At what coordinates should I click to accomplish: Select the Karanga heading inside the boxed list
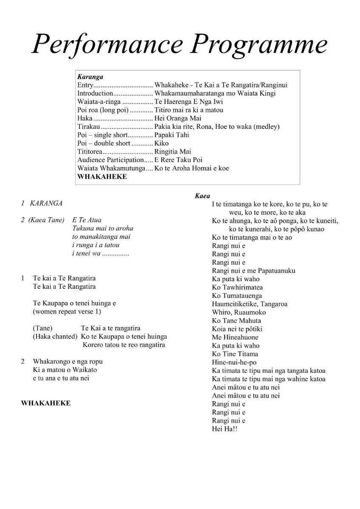click(x=90, y=77)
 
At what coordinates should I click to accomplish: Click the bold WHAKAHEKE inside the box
click(x=102, y=177)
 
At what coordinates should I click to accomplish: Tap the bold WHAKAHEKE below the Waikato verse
click(x=46, y=403)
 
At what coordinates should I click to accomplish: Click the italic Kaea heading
click(x=202, y=196)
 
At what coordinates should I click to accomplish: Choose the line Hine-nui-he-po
click(x=234, y=362)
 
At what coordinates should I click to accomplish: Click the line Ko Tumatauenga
click(x=237, y=296)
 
